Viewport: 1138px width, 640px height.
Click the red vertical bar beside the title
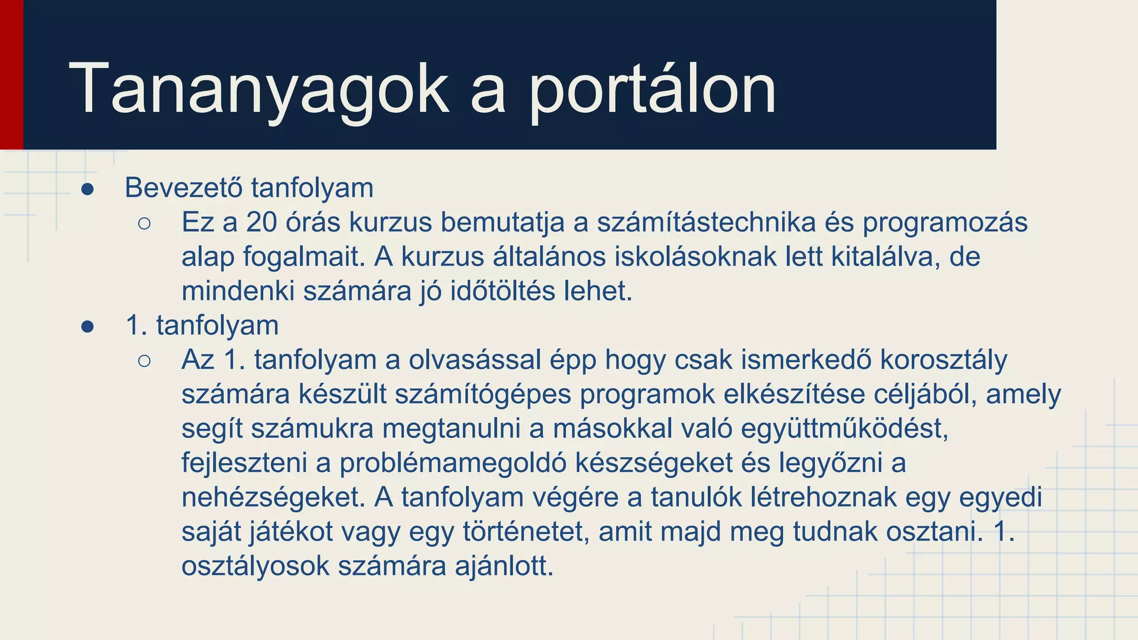point(11,74)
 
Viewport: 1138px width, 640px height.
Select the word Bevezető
point(183,188)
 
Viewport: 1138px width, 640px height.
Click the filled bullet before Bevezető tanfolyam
point(87,189)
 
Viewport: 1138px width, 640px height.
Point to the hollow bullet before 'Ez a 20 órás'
point(144,224)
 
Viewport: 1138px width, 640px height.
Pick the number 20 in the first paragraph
point(261,222)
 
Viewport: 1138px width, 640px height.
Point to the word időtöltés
point(502,291)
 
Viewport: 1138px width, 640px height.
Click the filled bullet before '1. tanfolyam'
point(87,327)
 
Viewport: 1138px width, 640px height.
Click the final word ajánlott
point(504,567)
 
